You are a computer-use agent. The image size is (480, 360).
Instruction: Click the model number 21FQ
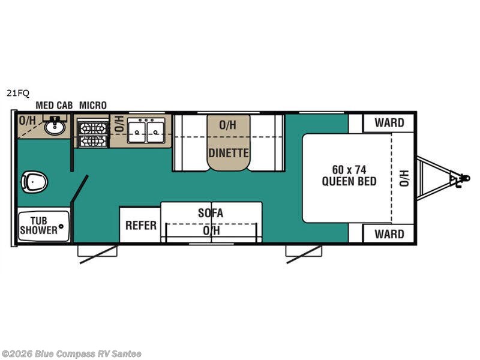coord(18,93)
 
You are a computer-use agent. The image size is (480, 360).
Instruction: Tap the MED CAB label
coord(54,106)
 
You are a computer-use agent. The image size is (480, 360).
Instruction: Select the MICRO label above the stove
coord(93,106)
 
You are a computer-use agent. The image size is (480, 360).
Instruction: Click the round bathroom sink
coord(55,126)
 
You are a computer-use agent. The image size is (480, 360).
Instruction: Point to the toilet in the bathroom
coord(35,182)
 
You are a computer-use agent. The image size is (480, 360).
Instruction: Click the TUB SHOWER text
coord(38,226)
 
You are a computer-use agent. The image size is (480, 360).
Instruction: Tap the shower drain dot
coord(61,226)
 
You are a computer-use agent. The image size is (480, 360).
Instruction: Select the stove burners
coord(93,134)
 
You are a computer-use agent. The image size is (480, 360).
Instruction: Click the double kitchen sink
coord(146,131)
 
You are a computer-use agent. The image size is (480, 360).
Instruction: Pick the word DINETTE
coord(229,153)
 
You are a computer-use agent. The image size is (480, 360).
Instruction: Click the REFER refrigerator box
coord(140,225)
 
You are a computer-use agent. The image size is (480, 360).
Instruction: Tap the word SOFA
coord(211,213)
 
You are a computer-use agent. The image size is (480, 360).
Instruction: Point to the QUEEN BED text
coord(349,181)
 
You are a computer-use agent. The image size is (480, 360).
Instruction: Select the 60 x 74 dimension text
coord(349,170)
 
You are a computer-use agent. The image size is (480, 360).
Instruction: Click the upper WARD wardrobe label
coord(389,123)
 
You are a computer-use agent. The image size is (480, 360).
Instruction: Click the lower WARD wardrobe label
coord(389,234)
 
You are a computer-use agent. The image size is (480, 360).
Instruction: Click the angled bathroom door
coord(79,189)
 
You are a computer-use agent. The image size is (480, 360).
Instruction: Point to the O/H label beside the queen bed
coord(404,178)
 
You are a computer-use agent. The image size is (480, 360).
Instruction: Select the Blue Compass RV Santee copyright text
coord(71,354)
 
